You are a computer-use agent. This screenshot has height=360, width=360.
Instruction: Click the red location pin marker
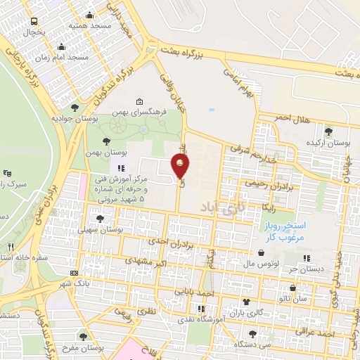click(181, 166)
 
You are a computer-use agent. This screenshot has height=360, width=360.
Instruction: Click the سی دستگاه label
click(269, 345)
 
